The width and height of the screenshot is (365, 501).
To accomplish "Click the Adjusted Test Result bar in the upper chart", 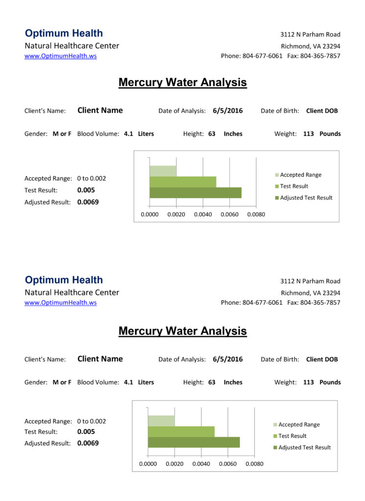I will pos(195,193).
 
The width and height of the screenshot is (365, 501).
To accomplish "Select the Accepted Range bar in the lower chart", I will pos(161,421).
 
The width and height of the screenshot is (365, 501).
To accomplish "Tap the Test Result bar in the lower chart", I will pos(181,432).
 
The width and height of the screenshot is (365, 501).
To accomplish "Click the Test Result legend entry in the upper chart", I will pos(294,186).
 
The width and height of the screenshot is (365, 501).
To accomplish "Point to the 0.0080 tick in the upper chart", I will pos(256,214).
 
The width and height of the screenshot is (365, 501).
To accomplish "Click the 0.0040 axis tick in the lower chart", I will pos(201,464).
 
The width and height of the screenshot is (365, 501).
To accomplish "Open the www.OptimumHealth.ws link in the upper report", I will pos(61,56).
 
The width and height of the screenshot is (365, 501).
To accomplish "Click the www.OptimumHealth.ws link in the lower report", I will pos(61,303).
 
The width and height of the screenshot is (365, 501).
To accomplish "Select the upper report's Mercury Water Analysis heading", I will pos(182,82).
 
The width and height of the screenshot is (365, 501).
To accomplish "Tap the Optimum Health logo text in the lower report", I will pos(64,280).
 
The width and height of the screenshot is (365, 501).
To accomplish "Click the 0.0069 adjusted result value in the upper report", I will pos(88,202).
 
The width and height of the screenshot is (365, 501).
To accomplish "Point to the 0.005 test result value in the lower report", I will pos(86,432).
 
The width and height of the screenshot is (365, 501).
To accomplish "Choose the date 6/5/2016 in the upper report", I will pos(228,111).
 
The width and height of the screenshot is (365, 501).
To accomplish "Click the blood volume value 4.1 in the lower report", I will pos(128,382).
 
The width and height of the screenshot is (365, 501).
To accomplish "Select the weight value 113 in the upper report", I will pos(309,134).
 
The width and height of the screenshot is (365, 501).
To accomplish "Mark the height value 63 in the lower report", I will pos(212,382).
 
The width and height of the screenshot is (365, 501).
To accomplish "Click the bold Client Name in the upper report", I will pos(100,111).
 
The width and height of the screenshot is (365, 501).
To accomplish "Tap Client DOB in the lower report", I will pos(322,359).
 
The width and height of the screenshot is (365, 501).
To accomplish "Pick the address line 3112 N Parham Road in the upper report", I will pos(310,35).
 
